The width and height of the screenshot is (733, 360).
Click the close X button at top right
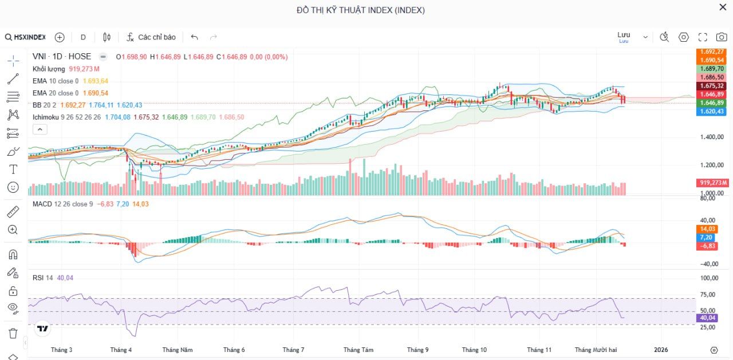723,7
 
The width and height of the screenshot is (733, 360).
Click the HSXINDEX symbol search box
26,37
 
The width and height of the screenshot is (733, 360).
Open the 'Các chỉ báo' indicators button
151,37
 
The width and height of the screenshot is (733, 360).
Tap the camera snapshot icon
721,37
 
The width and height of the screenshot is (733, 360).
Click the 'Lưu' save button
624,35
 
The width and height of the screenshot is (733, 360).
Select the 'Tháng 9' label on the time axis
417,350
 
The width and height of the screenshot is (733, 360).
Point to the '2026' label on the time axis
661,350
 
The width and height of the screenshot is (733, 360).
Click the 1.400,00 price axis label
712,137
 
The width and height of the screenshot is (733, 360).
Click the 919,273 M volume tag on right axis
712,183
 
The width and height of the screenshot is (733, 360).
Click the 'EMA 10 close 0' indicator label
56,81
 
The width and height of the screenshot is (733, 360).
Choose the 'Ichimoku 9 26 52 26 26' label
66,117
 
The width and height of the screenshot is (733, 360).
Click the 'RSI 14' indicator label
43,278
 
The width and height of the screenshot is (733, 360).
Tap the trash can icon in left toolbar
13,333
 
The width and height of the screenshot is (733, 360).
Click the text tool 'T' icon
13,169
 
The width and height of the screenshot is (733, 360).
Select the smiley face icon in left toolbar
13,187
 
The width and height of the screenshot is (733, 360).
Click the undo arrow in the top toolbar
195,37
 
